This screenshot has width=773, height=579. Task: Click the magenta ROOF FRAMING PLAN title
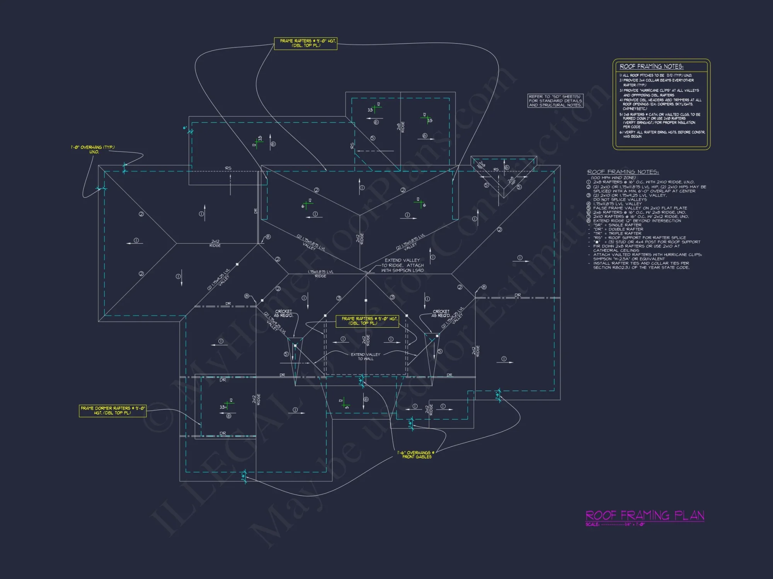(x=644, y=515)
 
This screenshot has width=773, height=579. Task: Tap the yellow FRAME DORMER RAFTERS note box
(x=113, y=411)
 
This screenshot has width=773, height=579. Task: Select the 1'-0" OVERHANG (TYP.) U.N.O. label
(x=93, y=149)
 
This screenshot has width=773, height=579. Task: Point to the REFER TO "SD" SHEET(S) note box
(x=555, y=101)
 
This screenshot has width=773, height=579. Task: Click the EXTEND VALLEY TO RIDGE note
(x=402, y=265)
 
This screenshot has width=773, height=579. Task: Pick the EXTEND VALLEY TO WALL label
(x=365, y=357)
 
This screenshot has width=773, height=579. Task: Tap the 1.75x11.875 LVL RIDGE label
(x=320, y=274)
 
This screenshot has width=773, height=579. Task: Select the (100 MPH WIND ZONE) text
(x=613, y=178)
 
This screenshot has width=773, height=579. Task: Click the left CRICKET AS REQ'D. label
(x=284, y=313)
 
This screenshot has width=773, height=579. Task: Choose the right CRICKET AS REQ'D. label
(x=441, y=313)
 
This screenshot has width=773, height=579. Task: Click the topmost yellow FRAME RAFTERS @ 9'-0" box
(x=306, y=43)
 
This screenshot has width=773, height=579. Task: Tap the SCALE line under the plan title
(x=615, y=524)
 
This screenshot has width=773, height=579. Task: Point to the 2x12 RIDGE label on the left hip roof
(x=215, y=243)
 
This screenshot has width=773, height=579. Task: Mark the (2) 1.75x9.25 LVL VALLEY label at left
(x=219, y=279)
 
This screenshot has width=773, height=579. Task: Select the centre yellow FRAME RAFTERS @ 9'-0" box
(x=367, y=321)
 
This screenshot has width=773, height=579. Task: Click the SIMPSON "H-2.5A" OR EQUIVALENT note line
(x=629, y=259)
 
